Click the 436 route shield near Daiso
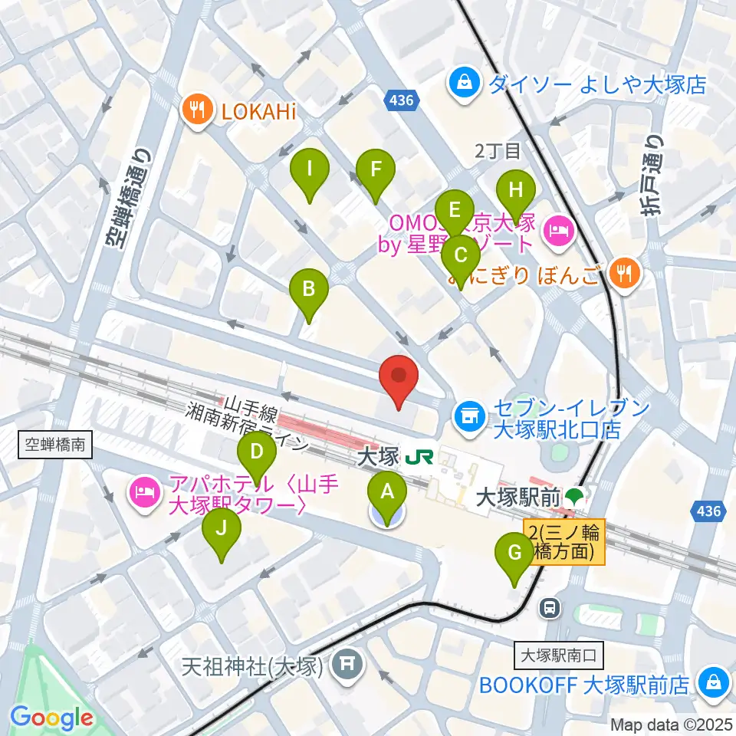pos(399,99)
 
